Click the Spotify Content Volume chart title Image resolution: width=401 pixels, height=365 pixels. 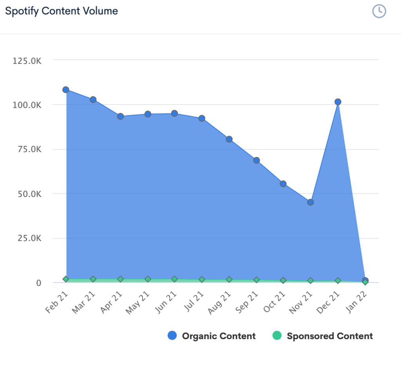pos(61,11)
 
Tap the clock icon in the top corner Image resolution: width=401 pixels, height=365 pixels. pos(379,11)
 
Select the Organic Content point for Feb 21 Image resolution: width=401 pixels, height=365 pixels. pos(66,90)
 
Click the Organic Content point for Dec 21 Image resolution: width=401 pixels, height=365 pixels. pos(338,102)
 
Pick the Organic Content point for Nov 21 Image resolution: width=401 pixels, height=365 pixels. pos(311,202)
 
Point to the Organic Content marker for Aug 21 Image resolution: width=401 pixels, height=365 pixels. pos(229,139)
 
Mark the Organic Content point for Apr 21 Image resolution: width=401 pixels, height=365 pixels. pos(120,116)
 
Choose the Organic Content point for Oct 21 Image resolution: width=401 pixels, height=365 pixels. pos(283,184)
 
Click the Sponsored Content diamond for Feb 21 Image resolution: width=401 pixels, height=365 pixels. pos(66,279)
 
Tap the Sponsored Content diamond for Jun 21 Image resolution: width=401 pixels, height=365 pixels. pos(175,279)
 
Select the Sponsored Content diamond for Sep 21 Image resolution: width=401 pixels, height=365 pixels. pos(256,280)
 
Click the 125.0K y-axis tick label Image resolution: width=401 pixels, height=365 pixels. pos(27,61)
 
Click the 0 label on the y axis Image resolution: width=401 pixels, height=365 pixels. pos(38,283)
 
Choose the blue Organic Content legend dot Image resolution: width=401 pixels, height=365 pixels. pos(172,336)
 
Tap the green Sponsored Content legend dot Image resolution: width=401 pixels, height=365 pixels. pos(277,336)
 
